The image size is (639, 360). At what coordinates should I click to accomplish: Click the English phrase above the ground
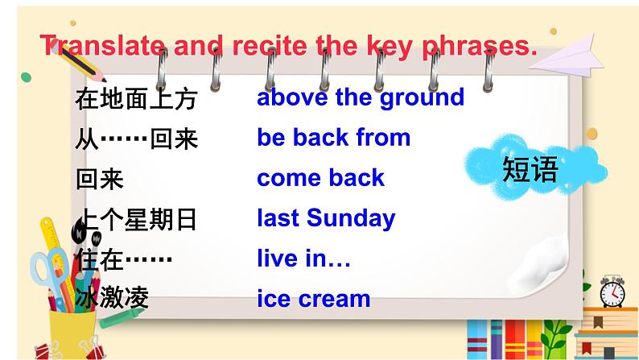361,97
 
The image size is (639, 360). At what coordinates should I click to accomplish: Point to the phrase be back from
333,138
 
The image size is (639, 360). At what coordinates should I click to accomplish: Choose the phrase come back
320,178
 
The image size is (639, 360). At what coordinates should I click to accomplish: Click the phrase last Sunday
326,218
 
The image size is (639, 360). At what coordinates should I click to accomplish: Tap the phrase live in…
303,259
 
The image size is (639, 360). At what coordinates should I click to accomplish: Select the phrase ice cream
313,299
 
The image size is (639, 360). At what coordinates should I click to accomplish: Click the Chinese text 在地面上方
135,101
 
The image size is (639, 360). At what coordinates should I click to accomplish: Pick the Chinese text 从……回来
135,140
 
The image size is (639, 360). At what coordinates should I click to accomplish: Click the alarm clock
611,291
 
